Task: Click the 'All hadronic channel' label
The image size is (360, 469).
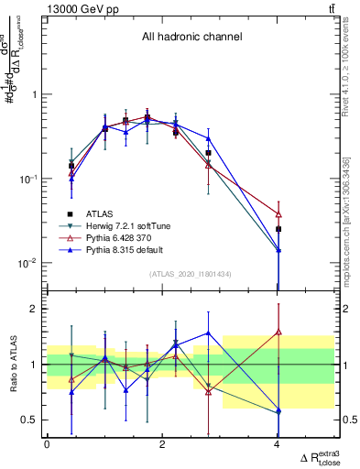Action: pyautogui.click(x=191, y=38)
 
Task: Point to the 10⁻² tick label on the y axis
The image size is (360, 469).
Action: pyautogui.click(x=27, y=264)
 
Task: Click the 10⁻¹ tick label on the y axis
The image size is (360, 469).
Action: pyautogui.click(x=27, y=180)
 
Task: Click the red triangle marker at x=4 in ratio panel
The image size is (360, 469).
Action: pyautogui.click(x=278, y=332)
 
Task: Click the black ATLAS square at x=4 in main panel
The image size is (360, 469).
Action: pyautogui.click(x=278, y=229)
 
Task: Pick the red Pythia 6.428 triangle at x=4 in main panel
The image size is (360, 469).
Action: pyautogui.click(x=278, y=214)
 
